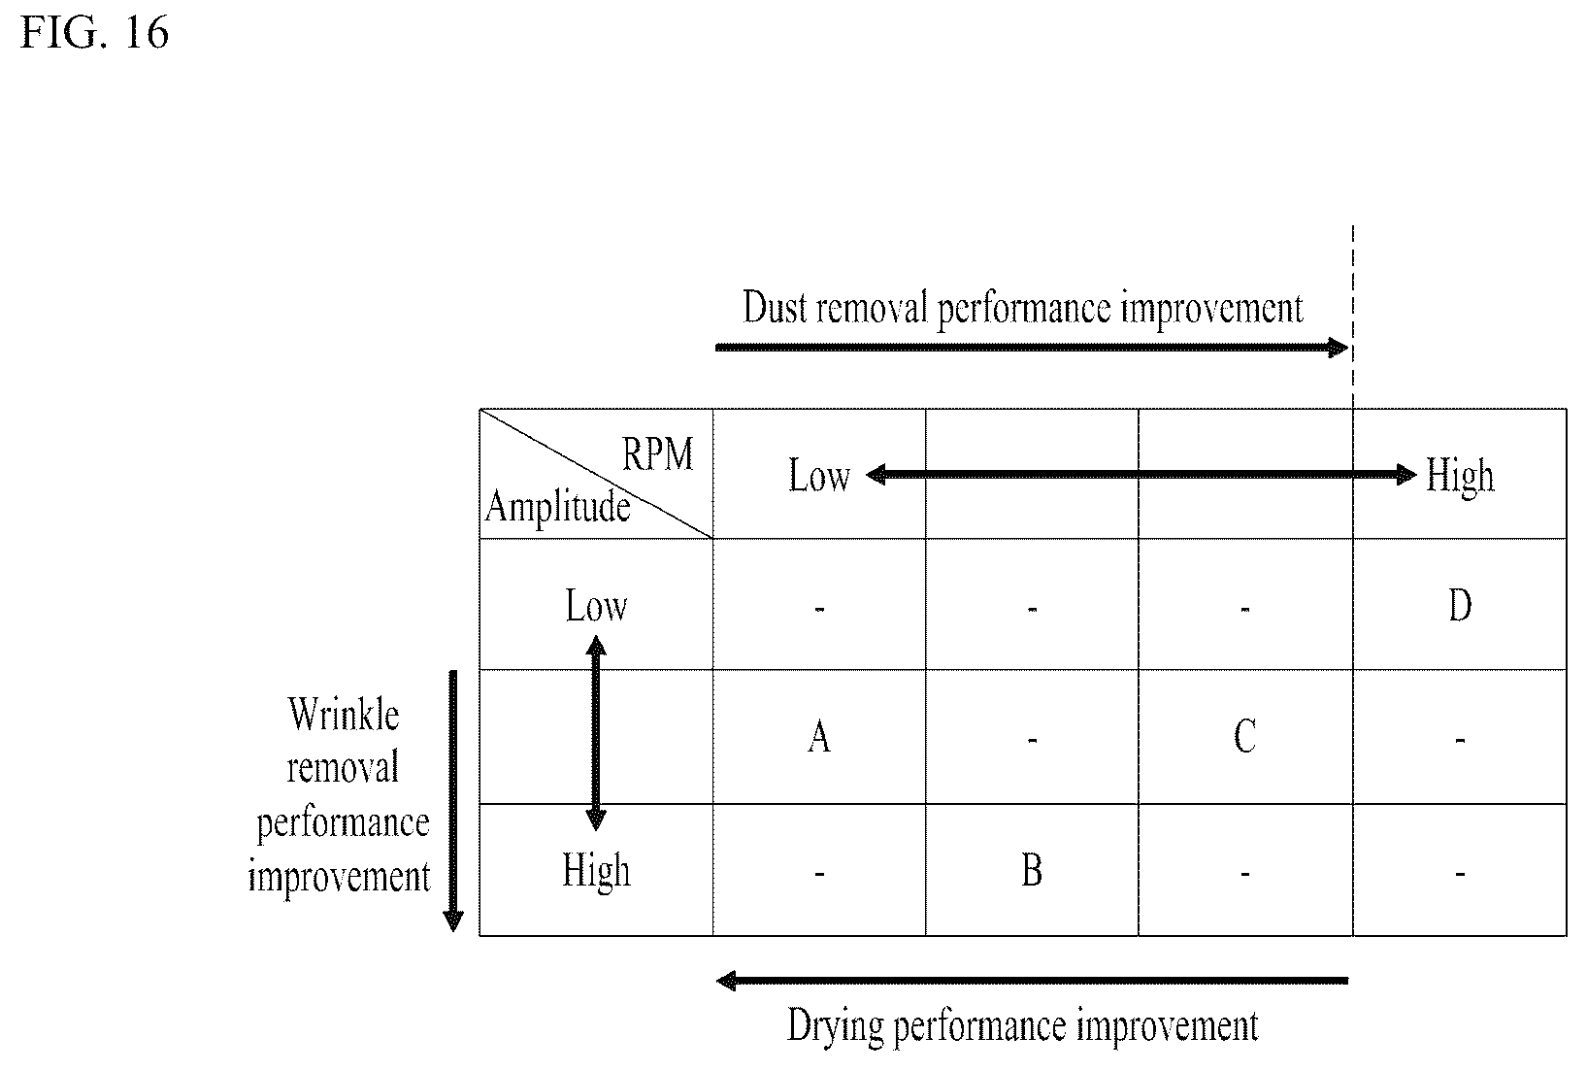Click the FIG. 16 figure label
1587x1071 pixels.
[x=95, y=33]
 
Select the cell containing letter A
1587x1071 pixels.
[x=819, y=736]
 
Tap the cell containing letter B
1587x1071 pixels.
[x=1032, y=870]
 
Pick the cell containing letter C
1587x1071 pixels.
[x=1245, y=736]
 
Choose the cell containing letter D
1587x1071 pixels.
[x=1460, y=605]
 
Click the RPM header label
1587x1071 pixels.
[x=657, y=453]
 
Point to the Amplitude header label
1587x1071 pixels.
[x=557, y=508]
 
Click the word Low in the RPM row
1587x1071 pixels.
[x=820, y=475]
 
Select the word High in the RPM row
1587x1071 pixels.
[x=1460, y=477]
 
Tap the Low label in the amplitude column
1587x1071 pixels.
[x=596, y=605]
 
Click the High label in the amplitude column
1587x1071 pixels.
[x=597, y=871]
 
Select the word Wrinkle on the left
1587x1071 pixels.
[x=344, y=714]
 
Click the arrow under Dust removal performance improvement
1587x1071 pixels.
[x=1032, y=348]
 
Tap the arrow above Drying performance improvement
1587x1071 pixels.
[x=1032, y=981]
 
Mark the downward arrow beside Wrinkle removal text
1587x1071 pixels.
[x=453, y=801]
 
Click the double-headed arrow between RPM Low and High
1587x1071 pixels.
[x=1141, y=474]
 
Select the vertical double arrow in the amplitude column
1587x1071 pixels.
[x=596, y=733]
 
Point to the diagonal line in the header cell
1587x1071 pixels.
[x=596, y=474]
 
